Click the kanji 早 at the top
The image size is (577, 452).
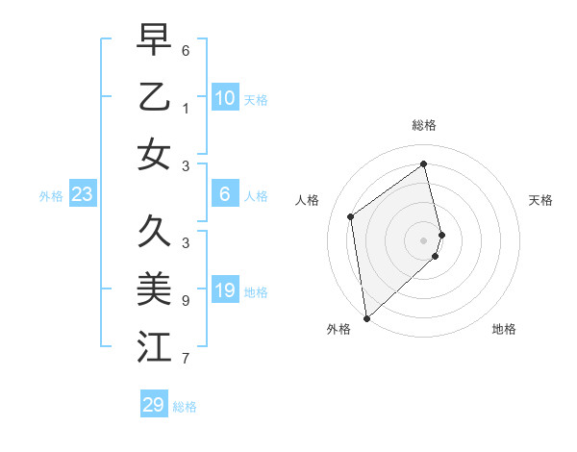tap(154, 42)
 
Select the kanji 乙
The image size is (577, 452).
tap(154, 98)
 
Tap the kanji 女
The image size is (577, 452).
tap(154, 155)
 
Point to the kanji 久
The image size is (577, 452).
tap(154, 232)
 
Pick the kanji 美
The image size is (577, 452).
tap(154, 289)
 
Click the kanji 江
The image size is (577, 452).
tap(154, 347)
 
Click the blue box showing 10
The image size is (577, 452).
tap(224, 98)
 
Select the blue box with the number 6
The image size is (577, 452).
tap(224, 194)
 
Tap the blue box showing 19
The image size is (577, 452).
tap(224, 290)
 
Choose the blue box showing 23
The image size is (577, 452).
tap(83, 195)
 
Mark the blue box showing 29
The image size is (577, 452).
tap(154, 405)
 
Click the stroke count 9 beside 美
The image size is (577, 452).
tap(186, 300)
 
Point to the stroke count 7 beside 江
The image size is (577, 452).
tap(186, 359)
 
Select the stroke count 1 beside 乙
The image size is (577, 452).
tap(186, 109)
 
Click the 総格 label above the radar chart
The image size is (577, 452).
tap(424, 125)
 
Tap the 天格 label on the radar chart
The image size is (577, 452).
tap(541, 200)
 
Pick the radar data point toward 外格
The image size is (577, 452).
tap(366, 317)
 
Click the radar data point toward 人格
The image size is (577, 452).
tap(351, 216)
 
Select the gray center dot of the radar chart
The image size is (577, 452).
tap(424, 239)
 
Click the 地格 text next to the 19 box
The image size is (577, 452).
tap(256, 291)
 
